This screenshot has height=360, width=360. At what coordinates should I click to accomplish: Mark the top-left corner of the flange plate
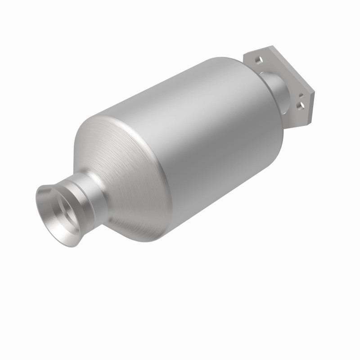point(246,54)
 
